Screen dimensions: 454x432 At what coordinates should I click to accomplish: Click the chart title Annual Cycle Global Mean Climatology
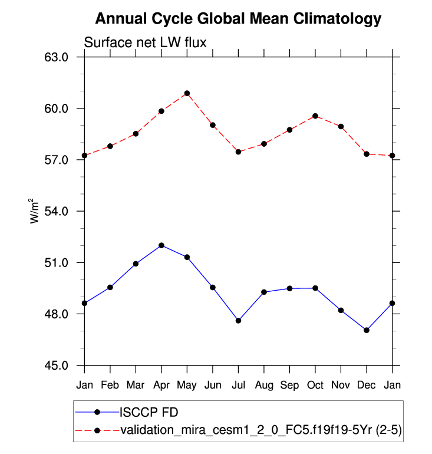point(238,19)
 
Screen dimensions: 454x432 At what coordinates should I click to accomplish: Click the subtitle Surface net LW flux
point(144,42)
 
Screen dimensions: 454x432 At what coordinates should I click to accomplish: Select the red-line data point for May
point(187,93)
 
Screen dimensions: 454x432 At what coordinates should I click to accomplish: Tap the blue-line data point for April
point(161,245)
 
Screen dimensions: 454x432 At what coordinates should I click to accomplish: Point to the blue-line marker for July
point(238,321)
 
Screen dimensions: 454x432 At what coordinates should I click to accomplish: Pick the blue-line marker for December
point(367,330)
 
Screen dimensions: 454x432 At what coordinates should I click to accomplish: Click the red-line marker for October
point(315,116)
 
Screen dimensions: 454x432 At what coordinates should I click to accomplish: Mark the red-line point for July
point(238,152)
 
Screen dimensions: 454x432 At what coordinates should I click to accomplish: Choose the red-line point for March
point(136,134)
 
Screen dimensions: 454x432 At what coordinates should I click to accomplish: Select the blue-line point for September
point(289,288)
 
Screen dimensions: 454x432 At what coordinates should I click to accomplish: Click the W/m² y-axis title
point(34,211)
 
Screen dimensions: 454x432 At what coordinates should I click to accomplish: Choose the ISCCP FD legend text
point(150,412)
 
